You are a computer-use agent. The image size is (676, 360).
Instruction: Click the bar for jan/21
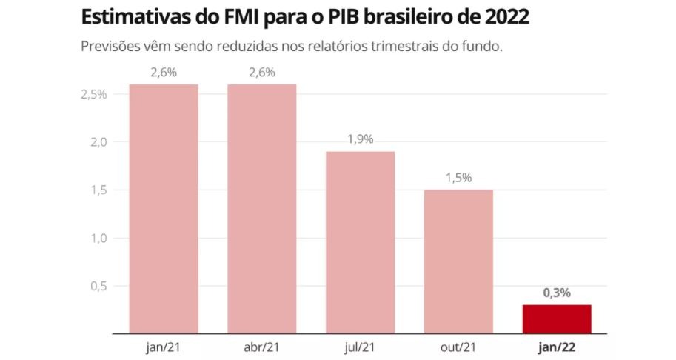[x=164, y=209]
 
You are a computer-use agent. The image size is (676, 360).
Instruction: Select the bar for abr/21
[x=261, y=209]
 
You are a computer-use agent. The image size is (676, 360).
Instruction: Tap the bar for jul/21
[x=360, y=242]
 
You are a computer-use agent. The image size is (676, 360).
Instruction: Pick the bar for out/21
[x=458, y=261]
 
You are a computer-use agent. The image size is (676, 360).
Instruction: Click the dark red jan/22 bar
[x=557, y=319]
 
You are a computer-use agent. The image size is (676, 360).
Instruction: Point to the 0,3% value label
[x=557, y=293]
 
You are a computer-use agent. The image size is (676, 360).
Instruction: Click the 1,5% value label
[x=458, y=178]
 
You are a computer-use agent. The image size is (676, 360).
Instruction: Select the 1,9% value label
[x=360, y=139]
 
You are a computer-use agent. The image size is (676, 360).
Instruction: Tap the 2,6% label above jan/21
[x=164, y=72]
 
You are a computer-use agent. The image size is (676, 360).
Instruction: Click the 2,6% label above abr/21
[x=261, y=72]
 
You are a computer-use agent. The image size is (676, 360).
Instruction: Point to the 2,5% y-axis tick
[x=93, y=94]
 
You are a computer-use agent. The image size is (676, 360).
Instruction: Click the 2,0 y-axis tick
[x=97, y=142]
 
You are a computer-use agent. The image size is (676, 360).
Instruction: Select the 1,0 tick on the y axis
[x=97, y=238]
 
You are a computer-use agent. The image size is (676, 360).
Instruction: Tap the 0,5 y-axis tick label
[x=97, y=286]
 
